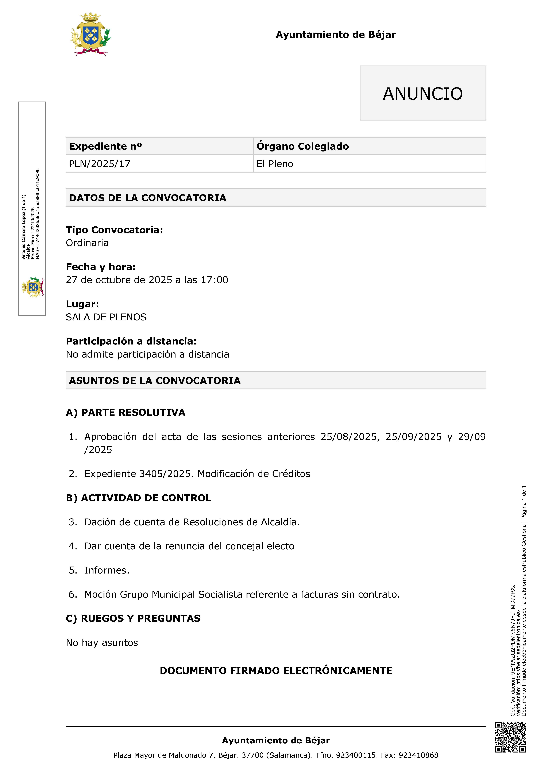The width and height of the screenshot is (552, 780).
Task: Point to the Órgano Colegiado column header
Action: click(x=302, y=146)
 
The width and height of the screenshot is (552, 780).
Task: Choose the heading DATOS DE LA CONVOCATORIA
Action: click(x=147, y=198)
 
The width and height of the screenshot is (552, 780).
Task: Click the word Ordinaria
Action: click(x=87, y=243)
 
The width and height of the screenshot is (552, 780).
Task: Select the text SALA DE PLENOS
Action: click(x=106, y=317)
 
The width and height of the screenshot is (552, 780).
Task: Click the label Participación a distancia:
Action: click(x=131, y=341)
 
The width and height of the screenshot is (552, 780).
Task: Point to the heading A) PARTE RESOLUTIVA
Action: click(x=125, y=412)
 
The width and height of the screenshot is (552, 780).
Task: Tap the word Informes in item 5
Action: click(x=105, y=570)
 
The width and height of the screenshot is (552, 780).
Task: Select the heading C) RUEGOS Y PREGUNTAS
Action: click(x=133, y=618)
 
